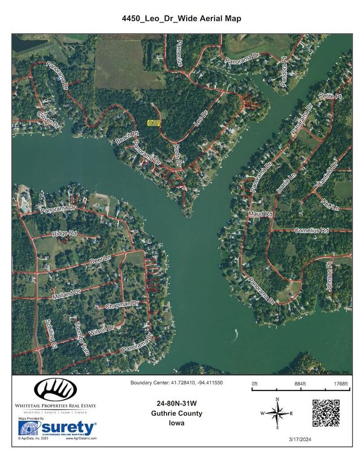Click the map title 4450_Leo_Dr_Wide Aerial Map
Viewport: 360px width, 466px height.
[179, 19]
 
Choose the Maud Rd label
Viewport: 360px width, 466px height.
[260, 215]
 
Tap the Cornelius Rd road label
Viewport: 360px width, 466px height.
[311, 231]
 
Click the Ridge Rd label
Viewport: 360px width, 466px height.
[64, 233]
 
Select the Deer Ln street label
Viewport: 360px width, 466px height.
[101, 259]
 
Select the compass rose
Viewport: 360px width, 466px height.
[277, 414]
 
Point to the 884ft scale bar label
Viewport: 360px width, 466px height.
[300, 384]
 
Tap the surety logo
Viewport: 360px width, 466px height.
[58, 428]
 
